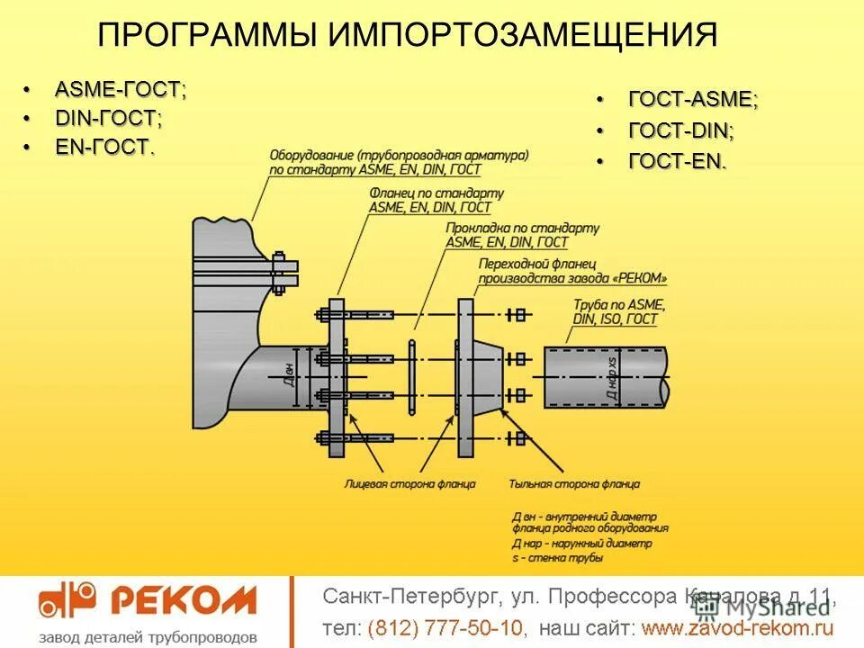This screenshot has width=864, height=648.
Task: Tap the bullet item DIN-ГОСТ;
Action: pyautogui.click(x=109, y=119)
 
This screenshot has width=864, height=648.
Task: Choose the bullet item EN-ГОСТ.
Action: pyautogui.click(x=104, y=148)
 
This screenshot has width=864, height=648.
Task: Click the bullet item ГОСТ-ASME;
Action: pyautogui.click(x=692, y=100)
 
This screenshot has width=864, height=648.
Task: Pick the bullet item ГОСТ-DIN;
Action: pyautogui.click(x=680, y=130)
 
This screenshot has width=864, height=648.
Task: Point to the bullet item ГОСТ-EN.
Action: pyautogui.click(x=677, y=162)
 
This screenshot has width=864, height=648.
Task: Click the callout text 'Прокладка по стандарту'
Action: pyautogui.click(x=521, y=229)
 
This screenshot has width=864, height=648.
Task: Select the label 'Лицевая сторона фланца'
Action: pyautogui.click(x=409, y=484)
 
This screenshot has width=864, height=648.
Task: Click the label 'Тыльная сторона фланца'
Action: pyautogui.click(x=574, y=484)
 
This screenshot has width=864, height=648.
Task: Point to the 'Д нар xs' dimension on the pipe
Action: pyautogui.click(x=612, y=375)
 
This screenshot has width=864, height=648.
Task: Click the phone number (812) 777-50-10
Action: pyautogui.click(x=445, y=626)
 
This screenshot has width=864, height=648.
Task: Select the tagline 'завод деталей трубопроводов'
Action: pyautogui.click(x=148, y=636)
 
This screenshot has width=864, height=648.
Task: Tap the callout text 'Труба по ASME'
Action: pyautogui.click(x=615, y=305)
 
